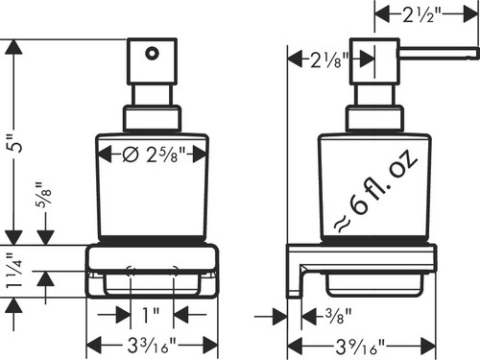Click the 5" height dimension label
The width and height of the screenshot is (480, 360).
click(17, 143)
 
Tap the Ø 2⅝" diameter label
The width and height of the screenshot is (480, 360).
click(155, 155)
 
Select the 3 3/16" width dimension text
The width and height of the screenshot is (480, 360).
click(152, 346)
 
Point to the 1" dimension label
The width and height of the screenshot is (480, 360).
click(151, 315)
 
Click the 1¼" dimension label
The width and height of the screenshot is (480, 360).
click(15, 271)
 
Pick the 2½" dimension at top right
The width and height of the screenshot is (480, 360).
click(422, 14)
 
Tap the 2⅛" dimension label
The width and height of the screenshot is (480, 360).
click(329, 60)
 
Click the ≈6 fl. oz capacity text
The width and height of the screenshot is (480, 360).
click(375, 191)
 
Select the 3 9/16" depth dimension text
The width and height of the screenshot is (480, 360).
click(360, 346)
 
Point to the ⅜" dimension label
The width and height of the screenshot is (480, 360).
click(338, 316)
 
